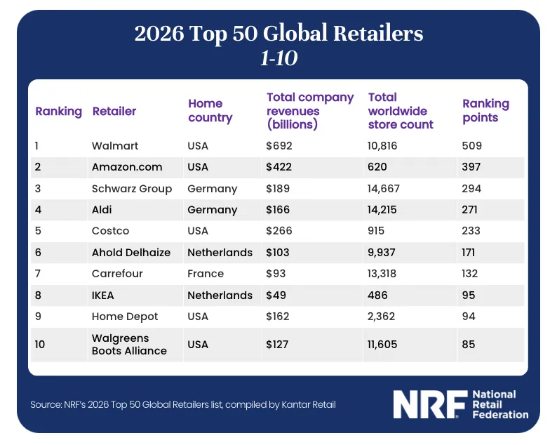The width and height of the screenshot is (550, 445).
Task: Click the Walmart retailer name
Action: point(115,146)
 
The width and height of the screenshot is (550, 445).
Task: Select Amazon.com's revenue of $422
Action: point(279,167)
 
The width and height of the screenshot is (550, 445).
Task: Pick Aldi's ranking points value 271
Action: point(471,210)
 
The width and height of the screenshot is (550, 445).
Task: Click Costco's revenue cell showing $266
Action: point(279,231)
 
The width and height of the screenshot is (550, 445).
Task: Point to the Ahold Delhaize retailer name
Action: point(131,253)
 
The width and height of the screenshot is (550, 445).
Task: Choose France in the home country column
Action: point(206,274)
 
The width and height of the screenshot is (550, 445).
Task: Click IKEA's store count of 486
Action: point(380,295)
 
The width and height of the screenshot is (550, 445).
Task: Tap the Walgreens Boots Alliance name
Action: point(129,345)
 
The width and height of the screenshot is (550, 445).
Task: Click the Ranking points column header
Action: point(485,111)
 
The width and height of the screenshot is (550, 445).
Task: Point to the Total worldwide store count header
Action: point(401,111)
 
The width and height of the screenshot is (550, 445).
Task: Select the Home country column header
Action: point(210,111)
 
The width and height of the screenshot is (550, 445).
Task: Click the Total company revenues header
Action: point(309,111)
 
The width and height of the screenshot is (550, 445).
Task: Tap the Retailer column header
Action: point(114,111)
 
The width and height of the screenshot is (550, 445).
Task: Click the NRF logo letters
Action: point(429,404)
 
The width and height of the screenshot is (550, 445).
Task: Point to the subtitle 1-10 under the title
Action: point(279,59)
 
